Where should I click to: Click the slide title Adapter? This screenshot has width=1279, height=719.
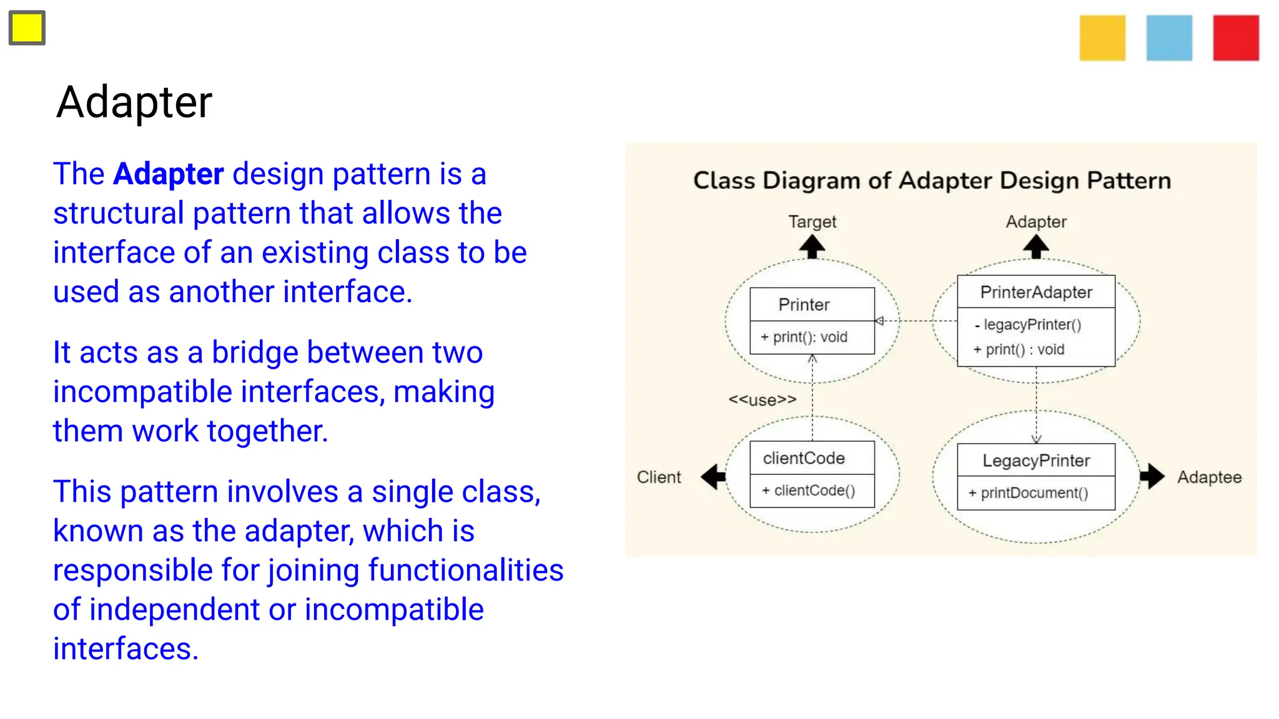(134, 102)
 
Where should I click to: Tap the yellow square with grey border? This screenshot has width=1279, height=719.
(27, 28)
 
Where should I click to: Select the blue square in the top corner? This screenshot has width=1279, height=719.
(1169, 38)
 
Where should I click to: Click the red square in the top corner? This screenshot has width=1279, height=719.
(1236, 38)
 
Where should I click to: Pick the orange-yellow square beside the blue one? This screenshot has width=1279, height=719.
(1102, 38)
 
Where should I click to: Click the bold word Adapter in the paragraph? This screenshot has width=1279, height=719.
(168, 174)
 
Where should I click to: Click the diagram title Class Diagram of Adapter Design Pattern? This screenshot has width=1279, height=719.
(932, 181)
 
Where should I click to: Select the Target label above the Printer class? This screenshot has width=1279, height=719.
(812, 222)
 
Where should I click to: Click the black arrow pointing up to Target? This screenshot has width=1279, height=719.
(812, 247)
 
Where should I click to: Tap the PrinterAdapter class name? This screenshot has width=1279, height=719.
(1036, 292)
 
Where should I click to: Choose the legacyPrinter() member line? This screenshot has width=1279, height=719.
(1029, 325)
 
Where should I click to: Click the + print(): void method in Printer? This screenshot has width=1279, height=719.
(804, 338)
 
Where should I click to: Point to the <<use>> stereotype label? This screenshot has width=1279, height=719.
(763, 400)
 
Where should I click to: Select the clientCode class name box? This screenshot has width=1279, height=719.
(804, 458)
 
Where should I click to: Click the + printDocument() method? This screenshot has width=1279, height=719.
(1029, 493)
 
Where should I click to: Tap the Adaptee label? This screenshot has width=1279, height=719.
(1209, 477)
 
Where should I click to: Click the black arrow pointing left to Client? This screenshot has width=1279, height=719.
(713, 477)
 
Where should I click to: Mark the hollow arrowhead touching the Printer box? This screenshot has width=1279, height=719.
(879, 321)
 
